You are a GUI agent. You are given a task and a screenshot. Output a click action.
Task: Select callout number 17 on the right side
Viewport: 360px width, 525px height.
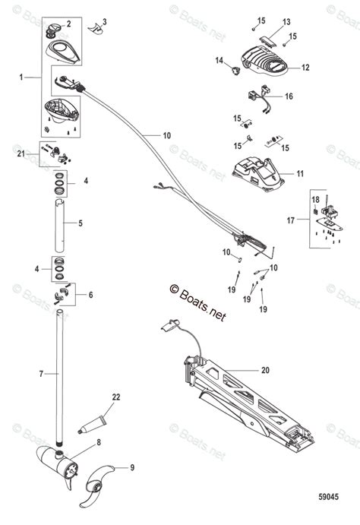[291, 221]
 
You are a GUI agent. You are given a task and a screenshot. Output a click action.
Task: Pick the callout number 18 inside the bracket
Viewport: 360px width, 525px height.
[315, 199]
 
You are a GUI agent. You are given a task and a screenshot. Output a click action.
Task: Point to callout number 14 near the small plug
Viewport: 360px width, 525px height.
[219, 59]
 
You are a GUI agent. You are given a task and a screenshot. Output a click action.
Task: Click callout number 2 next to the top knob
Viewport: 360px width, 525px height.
[68, 24]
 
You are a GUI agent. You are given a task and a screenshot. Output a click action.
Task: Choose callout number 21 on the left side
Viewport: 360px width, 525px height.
[21, 153]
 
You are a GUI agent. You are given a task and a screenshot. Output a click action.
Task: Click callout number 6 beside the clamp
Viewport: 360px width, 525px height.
[91, 295]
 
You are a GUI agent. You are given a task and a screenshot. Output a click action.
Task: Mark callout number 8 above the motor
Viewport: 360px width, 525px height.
[97, 441]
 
